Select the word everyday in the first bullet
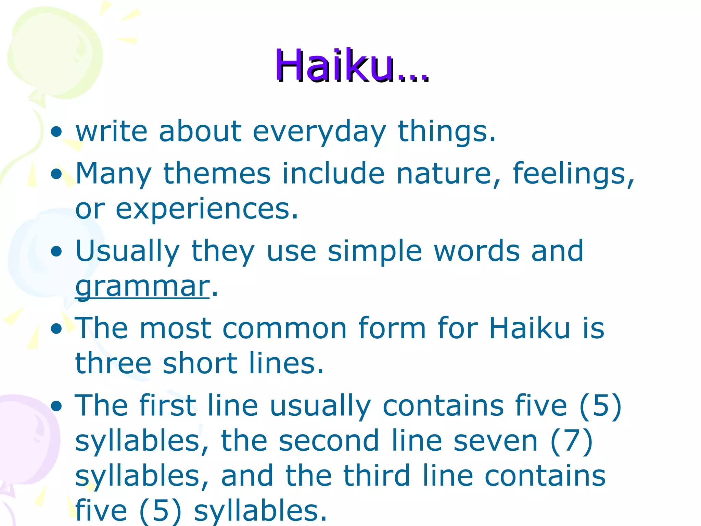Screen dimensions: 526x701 coord(319,131)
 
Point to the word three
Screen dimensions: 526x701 coord(113,364)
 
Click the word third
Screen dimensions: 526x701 coord(377,476)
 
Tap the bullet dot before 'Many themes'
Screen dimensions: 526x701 coord(56,174)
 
